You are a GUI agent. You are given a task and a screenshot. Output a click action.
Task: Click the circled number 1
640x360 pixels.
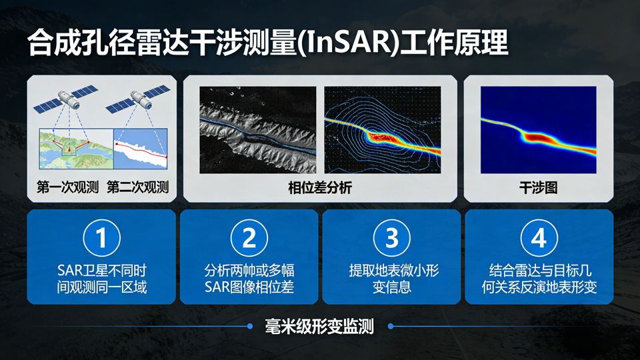point(101,237)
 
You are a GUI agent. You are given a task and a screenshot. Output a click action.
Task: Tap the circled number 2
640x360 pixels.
point(249,237)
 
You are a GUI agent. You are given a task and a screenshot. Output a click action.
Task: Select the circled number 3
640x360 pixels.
point(392,237)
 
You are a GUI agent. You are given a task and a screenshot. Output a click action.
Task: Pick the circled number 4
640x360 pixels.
point(539,237)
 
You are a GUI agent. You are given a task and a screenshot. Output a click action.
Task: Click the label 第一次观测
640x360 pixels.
point(68,187)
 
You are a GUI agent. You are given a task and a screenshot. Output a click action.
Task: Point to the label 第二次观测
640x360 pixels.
point(138,187)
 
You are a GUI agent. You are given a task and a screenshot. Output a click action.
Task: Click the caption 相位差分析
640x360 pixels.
point(320,188)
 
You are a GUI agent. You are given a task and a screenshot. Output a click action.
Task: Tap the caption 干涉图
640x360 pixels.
point(539,188)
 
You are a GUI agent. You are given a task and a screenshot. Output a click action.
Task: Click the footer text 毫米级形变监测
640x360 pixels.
point(319,327)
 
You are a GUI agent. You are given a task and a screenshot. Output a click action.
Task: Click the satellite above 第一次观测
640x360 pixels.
point(66,99)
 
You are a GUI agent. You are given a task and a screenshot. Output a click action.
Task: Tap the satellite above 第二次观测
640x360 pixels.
point(138,99)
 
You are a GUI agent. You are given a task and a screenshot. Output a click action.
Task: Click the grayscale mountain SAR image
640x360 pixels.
point(257,130)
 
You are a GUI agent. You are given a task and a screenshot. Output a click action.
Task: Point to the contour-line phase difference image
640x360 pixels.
point(383,130)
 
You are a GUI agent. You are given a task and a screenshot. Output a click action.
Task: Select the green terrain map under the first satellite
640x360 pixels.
point(76,149)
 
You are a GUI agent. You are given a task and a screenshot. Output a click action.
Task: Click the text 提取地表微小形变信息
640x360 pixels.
point(393,279)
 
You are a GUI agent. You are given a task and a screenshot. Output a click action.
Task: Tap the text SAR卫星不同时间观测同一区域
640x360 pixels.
point(101,279)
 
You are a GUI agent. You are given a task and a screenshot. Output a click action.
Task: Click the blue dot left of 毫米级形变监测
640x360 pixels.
point(250,326)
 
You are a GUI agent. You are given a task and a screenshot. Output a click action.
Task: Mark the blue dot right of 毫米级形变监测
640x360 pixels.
point(391,326)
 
